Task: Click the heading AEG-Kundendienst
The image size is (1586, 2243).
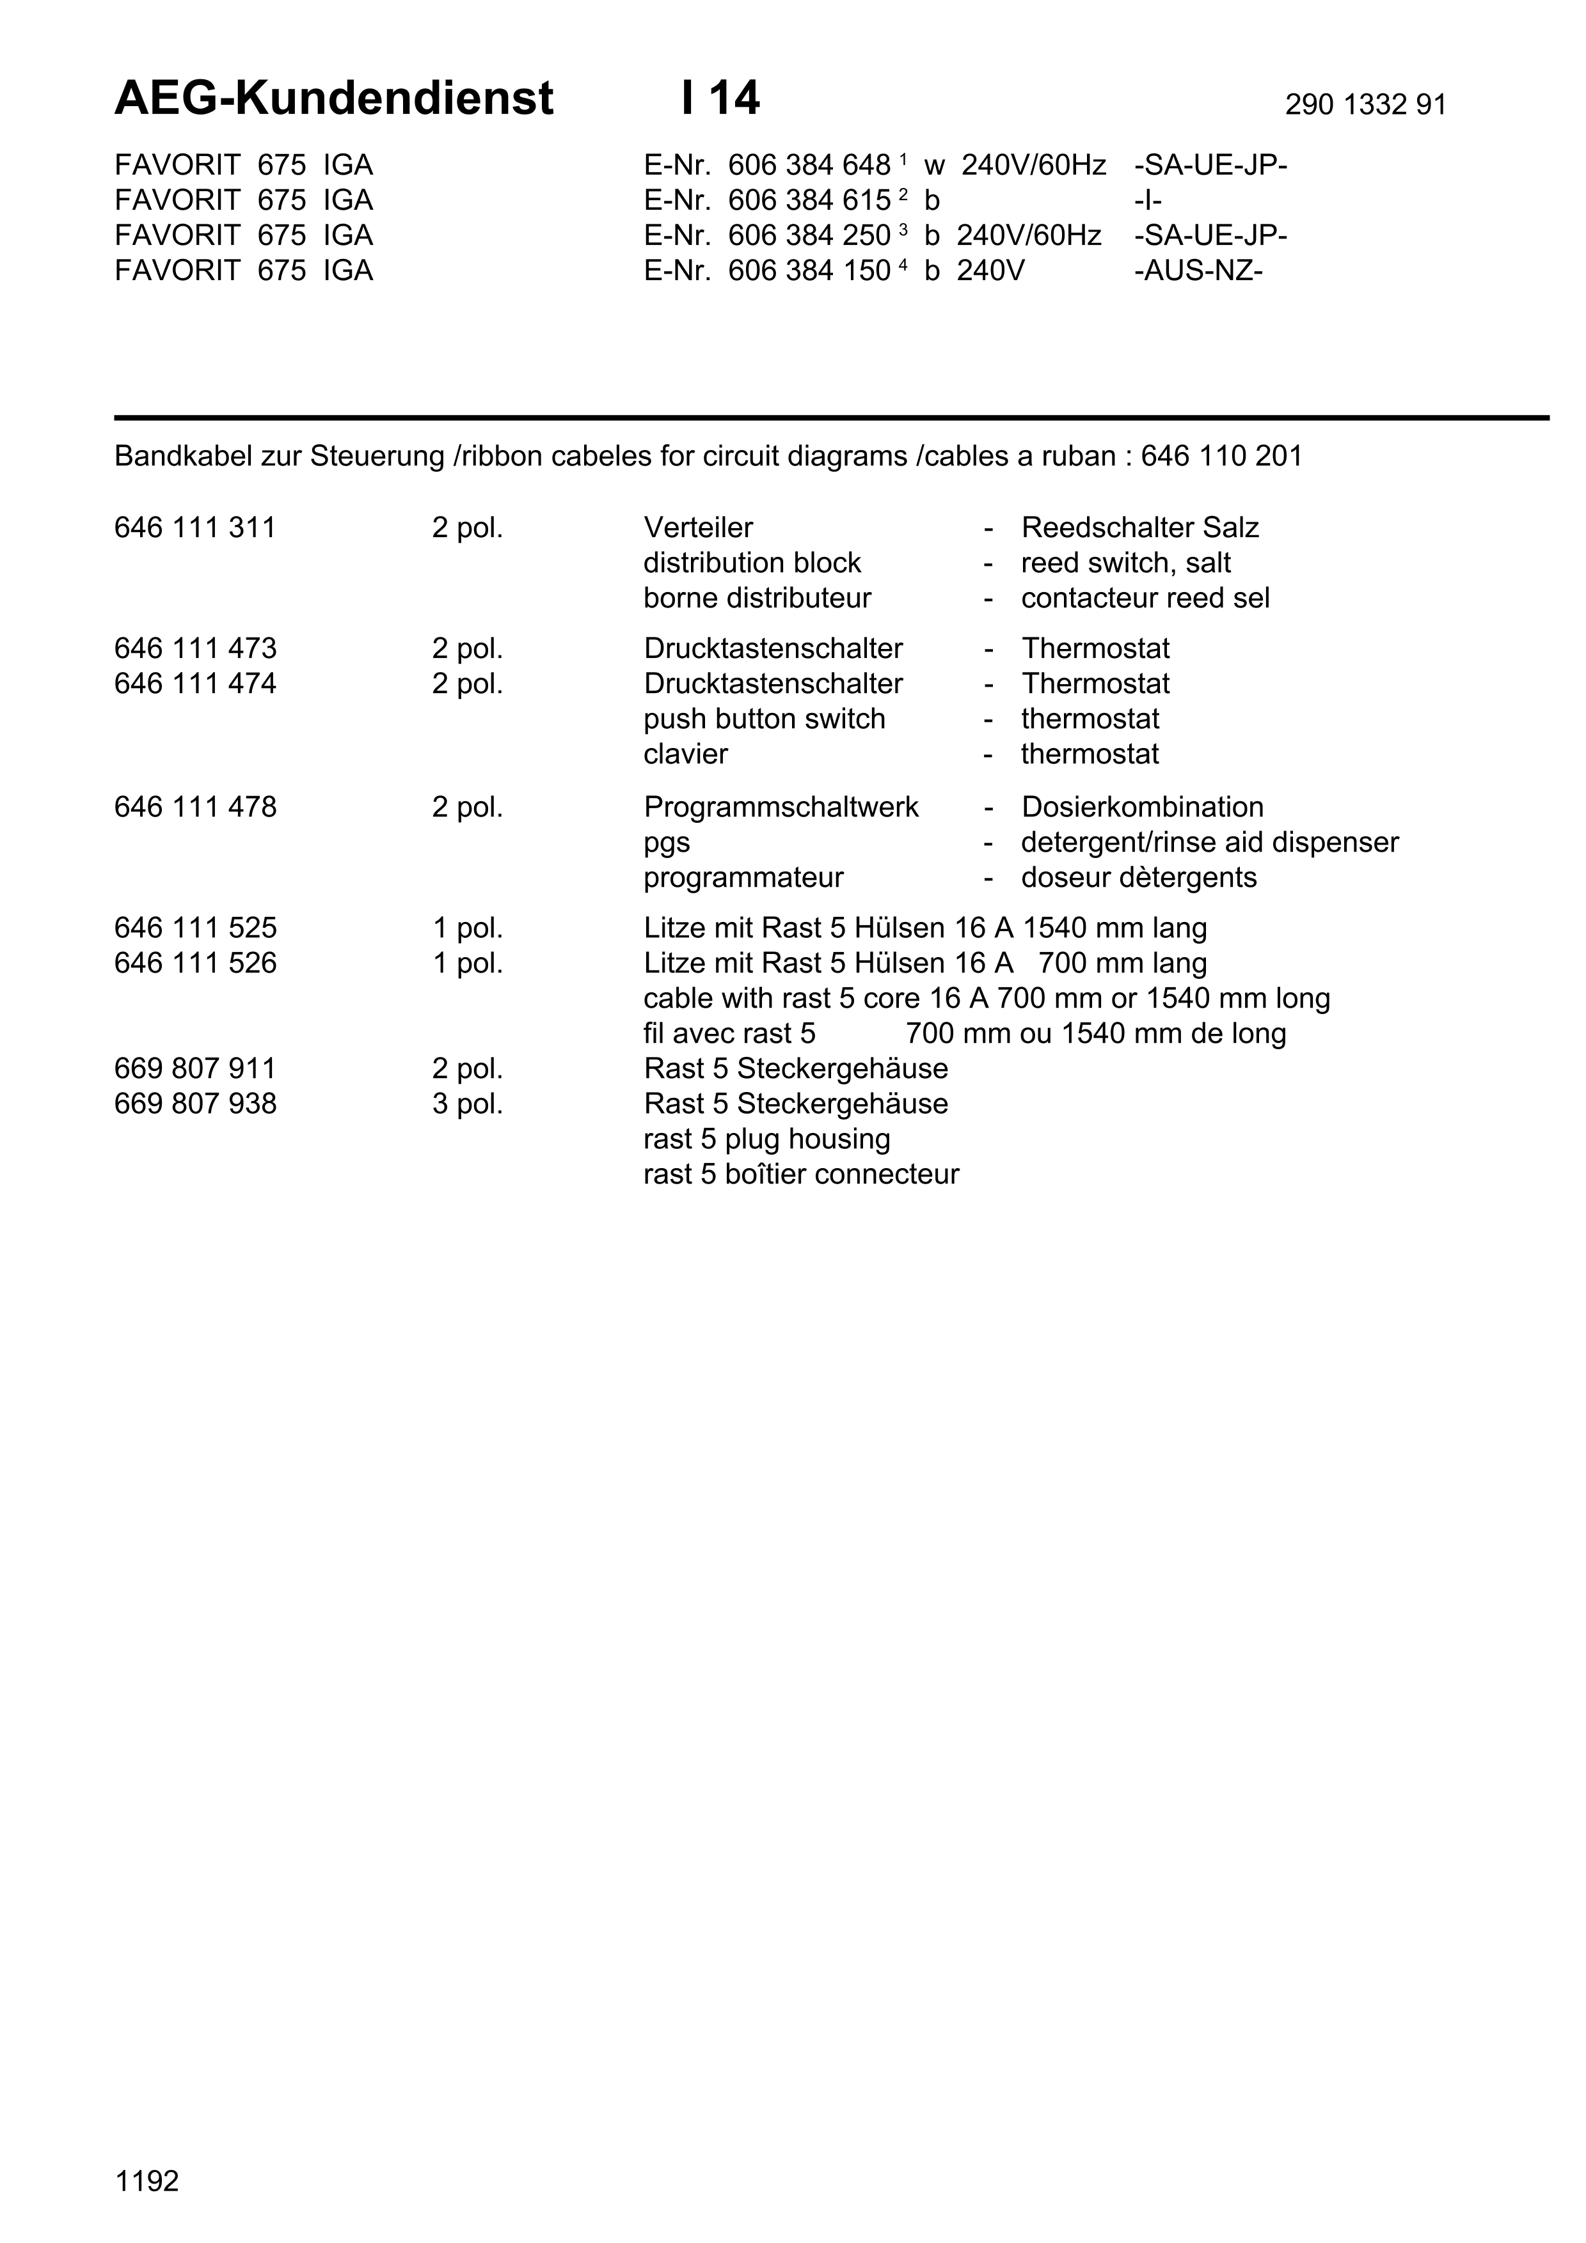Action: (333, 98)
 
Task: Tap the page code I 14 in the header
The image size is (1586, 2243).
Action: (720, 98)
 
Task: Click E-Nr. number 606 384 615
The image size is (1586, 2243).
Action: (809, 200)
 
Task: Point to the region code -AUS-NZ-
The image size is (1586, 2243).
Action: (1198, 270)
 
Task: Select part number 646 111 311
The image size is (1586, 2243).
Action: (195, 528)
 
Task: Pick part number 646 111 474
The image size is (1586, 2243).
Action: (195, 684)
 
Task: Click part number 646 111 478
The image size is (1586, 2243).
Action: (195, 807)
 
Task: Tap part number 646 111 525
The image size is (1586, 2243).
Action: (195, 928)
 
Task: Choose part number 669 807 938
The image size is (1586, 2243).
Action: (195, 1104)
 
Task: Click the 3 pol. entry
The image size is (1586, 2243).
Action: (467, 1104)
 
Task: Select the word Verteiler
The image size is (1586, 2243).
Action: (698, 528)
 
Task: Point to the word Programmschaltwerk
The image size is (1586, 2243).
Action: (781, 807)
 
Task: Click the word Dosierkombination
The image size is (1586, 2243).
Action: (1141, 807)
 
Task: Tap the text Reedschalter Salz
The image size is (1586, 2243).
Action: (1139, 528)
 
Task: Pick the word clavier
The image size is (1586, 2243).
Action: (685, 754)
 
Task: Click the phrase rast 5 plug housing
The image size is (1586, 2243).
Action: (766, 1139)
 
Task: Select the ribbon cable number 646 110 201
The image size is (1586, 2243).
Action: (1221, 457)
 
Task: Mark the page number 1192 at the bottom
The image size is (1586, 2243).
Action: (147, 2182)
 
